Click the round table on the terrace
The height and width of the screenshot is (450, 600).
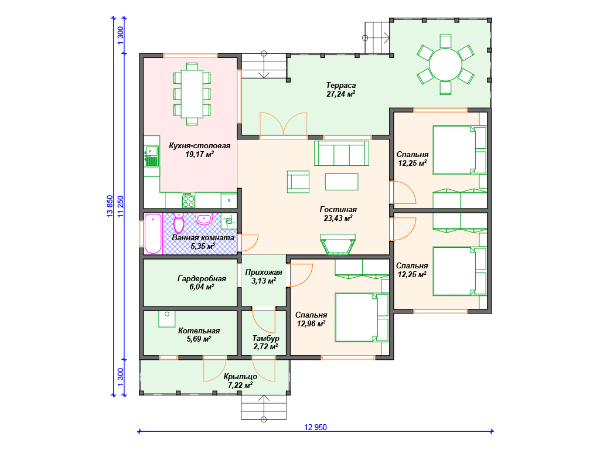point(445,64)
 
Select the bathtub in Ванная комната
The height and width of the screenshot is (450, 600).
point(153,233)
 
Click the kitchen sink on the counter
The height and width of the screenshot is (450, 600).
point(151,156)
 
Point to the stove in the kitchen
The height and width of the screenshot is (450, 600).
point(188,200)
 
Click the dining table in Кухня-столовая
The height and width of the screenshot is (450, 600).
point(192,94)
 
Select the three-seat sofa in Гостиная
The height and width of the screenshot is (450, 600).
point(342,153)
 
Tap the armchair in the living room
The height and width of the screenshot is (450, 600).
point(298,182)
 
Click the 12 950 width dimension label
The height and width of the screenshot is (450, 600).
point(316,427)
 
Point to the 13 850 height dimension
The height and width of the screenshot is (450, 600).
point(110,207)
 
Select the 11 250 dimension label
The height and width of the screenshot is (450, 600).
point(121,207)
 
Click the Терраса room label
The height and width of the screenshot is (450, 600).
point(341,85)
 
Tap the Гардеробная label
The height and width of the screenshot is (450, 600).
point(202,278)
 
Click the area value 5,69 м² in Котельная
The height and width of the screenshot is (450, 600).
point(199,339)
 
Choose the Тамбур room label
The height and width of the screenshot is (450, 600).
point(265,338)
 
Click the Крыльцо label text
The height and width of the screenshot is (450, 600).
point(240,377)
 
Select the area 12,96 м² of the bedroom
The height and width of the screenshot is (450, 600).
point(311,323)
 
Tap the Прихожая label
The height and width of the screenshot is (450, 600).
point(264,272)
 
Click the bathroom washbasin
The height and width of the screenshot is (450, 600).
point(204,219)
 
